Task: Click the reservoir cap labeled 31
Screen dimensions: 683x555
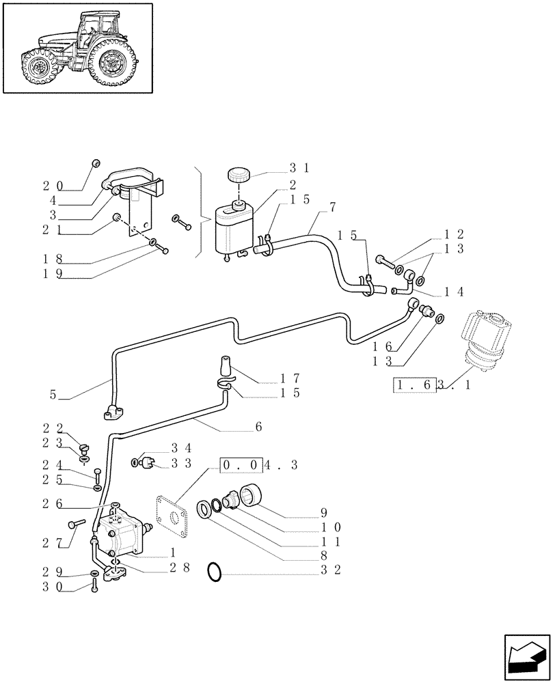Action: [x=239, y=174]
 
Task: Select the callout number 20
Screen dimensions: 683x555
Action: [x=52, y=185]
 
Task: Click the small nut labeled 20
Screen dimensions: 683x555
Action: [x=96, y=163]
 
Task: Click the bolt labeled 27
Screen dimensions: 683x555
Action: [x=75, y=524]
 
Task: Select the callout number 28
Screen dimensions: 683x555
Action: [x=181, y=566]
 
